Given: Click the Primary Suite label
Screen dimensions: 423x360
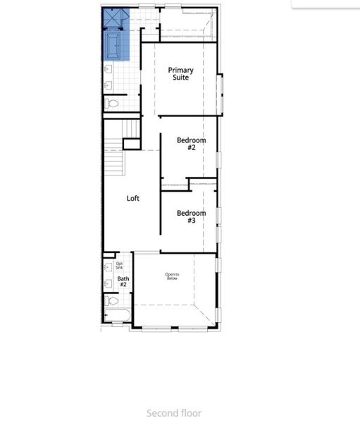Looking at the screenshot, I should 181,73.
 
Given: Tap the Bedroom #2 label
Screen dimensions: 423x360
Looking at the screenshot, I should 191,144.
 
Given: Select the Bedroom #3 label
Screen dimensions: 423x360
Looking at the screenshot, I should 191,216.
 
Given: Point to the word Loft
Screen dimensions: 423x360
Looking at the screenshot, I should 133,198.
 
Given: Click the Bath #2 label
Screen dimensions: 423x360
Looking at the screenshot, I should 123,281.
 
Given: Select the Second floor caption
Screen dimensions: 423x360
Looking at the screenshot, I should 174,413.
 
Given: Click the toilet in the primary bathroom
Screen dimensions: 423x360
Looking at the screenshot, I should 111,104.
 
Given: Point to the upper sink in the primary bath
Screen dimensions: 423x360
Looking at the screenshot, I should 108,69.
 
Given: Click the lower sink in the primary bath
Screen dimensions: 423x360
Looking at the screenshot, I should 108,85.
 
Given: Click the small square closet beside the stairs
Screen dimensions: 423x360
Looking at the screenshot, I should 132,144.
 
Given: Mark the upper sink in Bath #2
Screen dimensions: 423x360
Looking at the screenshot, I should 108,267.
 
